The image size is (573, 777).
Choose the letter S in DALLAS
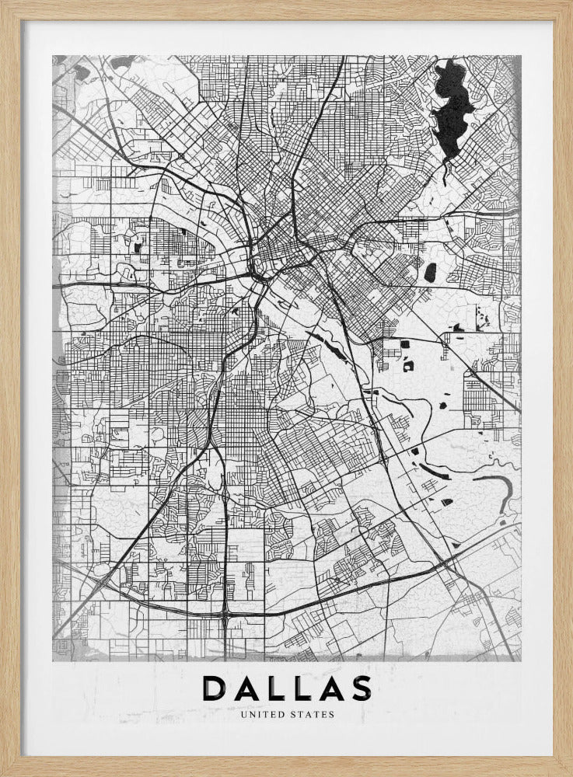362,688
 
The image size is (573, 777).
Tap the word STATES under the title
313,714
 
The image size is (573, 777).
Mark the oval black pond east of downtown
430,272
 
